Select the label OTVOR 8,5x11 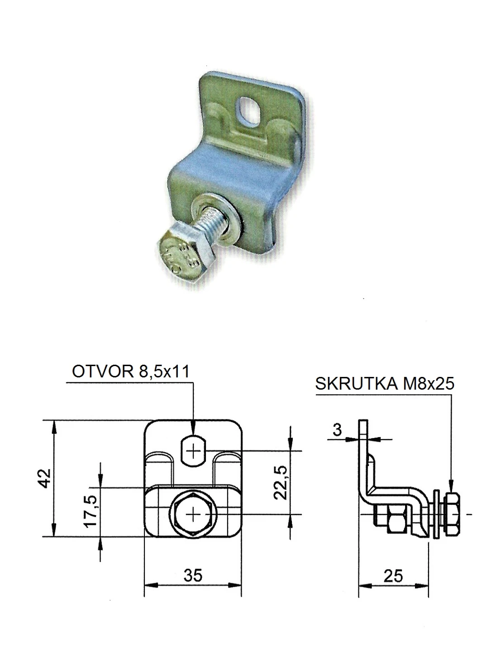tap(131, 372)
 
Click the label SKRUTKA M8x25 tap(385, 384)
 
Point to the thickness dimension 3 tap(337, 430)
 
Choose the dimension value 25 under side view tap(392, 576)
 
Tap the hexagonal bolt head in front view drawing tap(193, 514)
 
